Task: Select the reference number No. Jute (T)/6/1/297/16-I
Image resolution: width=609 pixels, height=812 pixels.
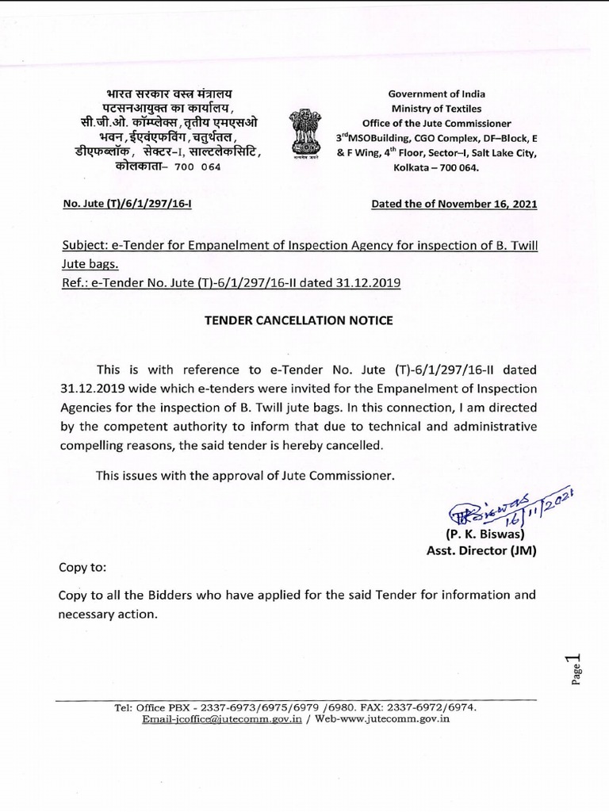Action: click(128, 204)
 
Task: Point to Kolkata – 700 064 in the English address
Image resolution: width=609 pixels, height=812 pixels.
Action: click(437, 167)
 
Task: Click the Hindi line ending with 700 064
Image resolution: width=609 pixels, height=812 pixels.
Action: click(157, 167)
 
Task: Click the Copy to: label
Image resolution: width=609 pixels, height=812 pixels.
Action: click(82, 568)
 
